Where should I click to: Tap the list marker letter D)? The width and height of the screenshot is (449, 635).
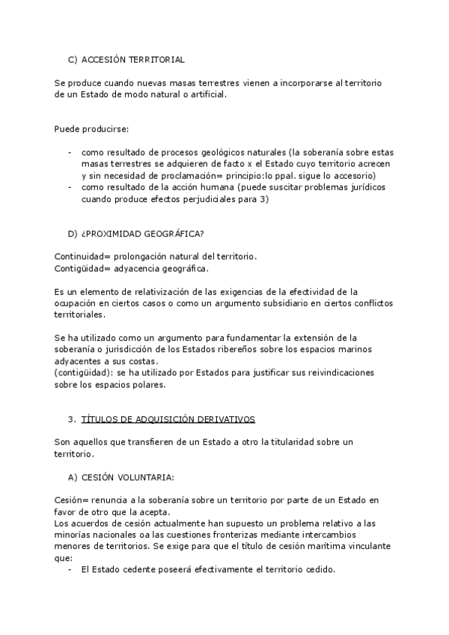[x=73, y=233]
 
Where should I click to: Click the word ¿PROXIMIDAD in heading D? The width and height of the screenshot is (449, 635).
[x=110, y=233]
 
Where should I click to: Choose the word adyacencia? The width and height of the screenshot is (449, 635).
[x=136, y=268]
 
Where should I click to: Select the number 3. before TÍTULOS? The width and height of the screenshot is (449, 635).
[x=72, y=419]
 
